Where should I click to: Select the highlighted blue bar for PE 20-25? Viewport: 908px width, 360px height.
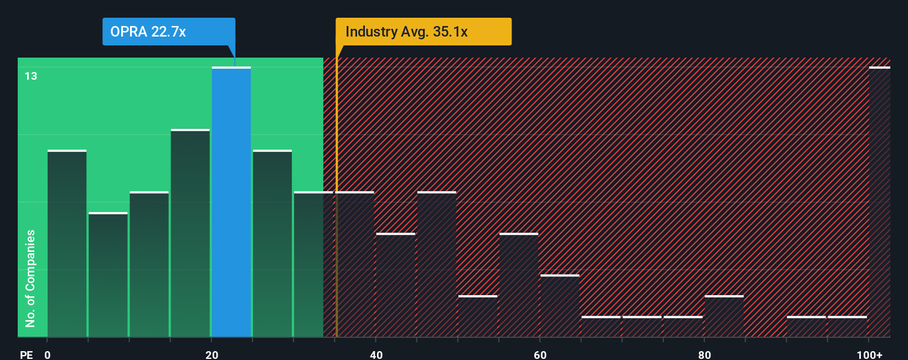(231, 202)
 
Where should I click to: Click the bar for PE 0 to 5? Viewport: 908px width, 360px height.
(67, 244)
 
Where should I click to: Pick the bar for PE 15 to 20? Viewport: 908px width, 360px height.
(190, 233)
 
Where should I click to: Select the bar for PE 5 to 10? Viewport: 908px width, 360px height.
(108, 275)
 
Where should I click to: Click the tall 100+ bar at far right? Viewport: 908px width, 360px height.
(879, 202)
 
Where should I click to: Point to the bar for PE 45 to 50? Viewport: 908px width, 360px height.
(437, 264)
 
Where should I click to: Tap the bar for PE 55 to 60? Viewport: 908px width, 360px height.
(519, 285)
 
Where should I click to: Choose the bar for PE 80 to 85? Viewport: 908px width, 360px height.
(724, 316)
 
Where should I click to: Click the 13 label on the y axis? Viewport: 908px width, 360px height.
(31, 76)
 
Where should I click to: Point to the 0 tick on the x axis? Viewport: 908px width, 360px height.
(48, 354)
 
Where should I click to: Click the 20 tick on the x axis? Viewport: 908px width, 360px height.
(211, 354)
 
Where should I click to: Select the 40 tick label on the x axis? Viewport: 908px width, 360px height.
(376, 354)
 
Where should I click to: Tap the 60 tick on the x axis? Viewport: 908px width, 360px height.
(540, 354)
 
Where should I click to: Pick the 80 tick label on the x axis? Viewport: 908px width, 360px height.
(704, 354)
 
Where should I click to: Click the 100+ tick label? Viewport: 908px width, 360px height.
(869, 354)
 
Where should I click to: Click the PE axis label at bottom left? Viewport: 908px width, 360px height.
(26, 354)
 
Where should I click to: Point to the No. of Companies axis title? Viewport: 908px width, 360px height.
(30, 279)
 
